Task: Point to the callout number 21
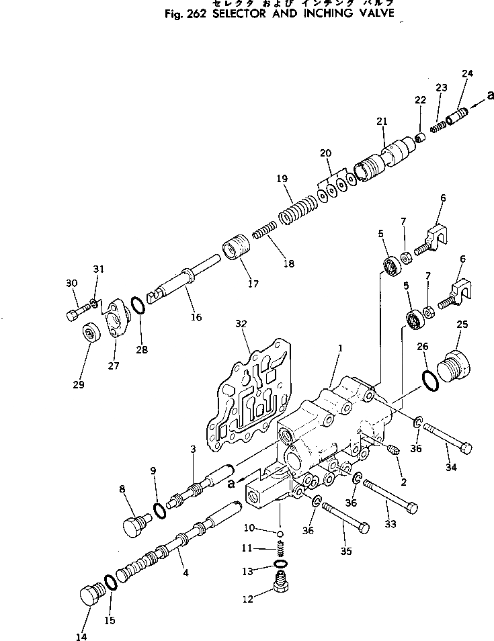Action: pos(382,122)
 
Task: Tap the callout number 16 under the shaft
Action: pos(196,317)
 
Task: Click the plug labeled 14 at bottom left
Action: pos(89,596)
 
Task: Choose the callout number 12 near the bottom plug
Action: pos(249,599)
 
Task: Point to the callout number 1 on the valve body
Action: pos(341,347)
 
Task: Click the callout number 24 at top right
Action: pos(467,73)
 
